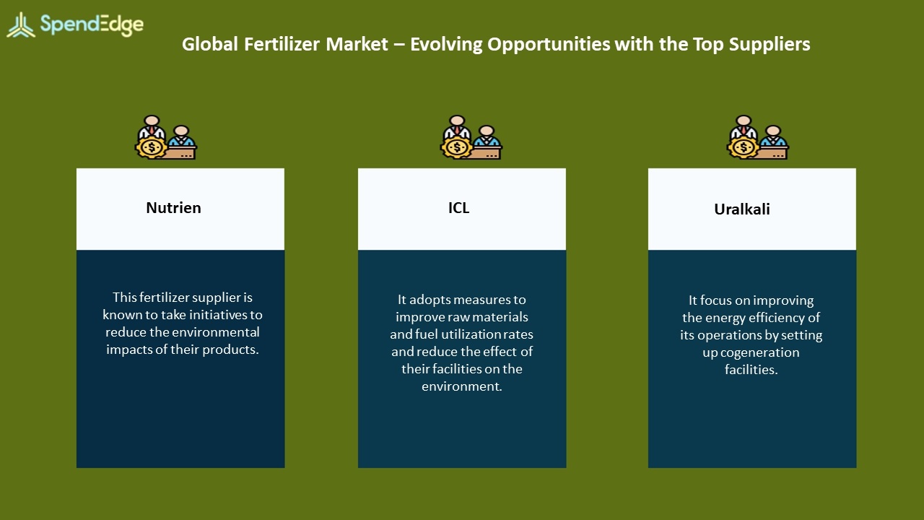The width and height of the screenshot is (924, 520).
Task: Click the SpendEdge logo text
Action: (92, 25)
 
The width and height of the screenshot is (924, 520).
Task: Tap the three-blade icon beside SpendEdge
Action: (21, 25)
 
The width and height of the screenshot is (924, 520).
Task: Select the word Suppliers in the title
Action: (770, 45)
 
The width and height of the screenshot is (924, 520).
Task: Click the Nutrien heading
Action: (174, 207)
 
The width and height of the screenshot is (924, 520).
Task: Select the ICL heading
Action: (458, 207)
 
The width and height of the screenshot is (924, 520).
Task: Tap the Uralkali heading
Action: (742, 209)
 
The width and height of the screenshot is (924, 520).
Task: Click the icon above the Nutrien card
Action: (166, 137)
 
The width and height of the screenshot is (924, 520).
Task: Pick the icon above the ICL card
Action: (471, 137)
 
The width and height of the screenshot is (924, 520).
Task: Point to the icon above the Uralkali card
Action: (758, 137)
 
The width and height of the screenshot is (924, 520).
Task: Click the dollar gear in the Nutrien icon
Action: (152, 147)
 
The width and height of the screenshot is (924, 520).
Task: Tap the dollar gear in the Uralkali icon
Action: (744, 147)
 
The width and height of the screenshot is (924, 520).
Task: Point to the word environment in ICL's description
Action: (461, 386)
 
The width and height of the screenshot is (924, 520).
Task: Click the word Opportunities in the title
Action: (549, 45)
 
